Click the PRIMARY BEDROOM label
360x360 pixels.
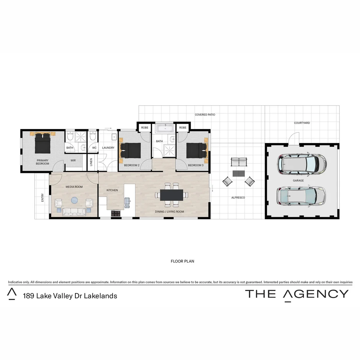[42, 162]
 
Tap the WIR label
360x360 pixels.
[73, 160]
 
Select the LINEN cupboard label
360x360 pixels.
[91, 162]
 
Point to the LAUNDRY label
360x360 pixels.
[108, 148]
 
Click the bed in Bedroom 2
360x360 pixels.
[130, 150]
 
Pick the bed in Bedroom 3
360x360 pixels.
[196, 150]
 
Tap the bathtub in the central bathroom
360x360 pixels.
[165, 129]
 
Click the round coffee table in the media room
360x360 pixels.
[74, 200]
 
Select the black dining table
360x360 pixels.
[172, 195]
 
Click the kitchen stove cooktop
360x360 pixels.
[116, 213]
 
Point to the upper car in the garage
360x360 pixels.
[302, 164]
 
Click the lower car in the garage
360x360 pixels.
[301, 196]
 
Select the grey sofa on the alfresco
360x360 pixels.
[239, 162]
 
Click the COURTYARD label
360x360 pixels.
[302, 123]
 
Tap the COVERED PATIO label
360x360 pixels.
[205, 115]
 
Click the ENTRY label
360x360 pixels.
[42, 198]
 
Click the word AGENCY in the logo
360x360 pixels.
[316, 294]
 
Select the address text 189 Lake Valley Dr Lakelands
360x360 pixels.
[70, 296]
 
